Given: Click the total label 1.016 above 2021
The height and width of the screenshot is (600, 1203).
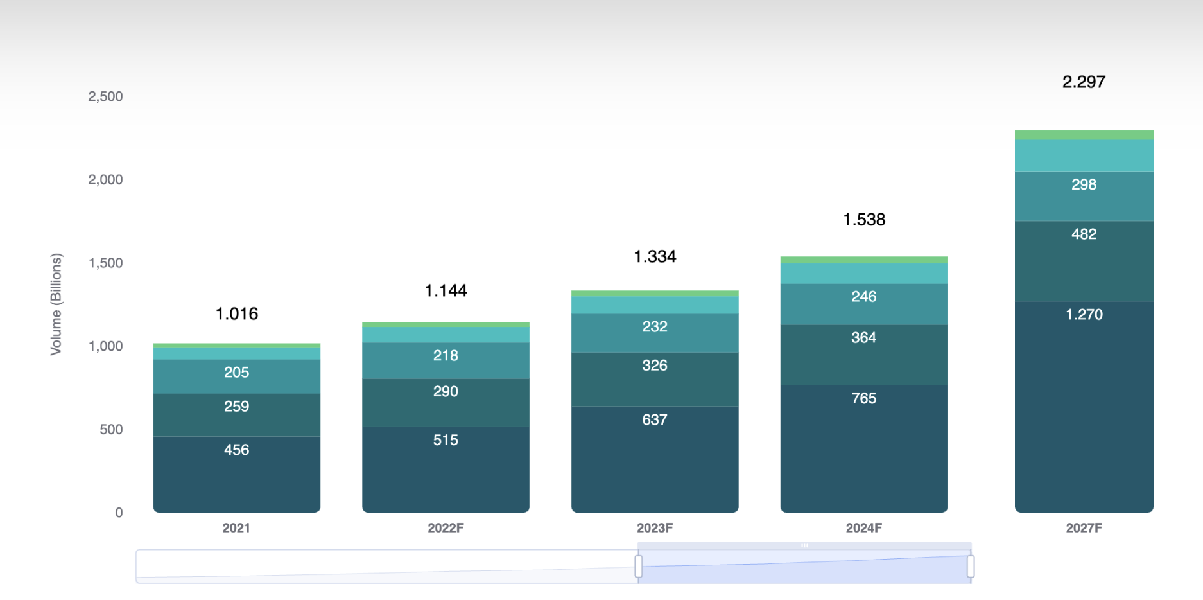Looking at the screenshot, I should click(237, 313).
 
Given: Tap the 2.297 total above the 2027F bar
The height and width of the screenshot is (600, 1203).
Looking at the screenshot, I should click(1084, 82).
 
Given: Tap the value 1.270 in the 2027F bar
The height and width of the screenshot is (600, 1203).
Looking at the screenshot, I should click(1084, 315).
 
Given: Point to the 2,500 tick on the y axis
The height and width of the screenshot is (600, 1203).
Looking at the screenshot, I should click(105, 96).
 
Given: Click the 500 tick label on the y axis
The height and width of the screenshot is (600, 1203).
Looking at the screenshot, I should click(111, 429).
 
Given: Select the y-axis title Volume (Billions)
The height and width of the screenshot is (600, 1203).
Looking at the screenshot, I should click(56, 304).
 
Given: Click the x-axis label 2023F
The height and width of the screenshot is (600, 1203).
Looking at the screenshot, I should click(655, 528).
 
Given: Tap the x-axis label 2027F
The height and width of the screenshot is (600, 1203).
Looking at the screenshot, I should click(1084, 528).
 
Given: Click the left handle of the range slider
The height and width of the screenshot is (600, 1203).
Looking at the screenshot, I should click(638, 567).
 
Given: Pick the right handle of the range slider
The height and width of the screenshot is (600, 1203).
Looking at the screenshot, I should click(971, 567).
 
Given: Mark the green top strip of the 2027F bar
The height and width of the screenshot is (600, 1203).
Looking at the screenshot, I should click(1084, 135).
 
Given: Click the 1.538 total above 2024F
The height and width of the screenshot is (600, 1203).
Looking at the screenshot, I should click(863, 220).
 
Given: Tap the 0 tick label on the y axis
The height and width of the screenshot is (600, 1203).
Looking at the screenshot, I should click(119, 513).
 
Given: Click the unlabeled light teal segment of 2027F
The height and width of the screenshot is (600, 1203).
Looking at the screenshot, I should click(1084, 155).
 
